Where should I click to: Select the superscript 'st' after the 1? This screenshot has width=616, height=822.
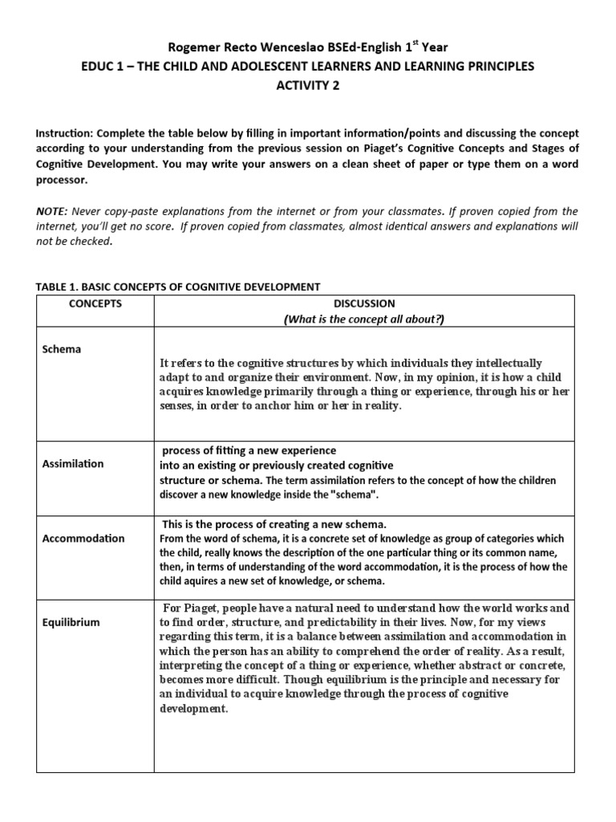pos(422,44)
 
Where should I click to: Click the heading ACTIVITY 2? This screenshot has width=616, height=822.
pos(307,87)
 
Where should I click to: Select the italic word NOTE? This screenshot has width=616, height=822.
pos(53,211)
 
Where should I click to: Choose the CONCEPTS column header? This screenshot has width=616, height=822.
pos(95,303)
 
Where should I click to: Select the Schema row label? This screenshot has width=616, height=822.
pos(61,350)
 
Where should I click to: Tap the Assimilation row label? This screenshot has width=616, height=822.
pos(73,464)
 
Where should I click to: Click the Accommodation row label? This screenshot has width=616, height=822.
pos(83,539)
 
